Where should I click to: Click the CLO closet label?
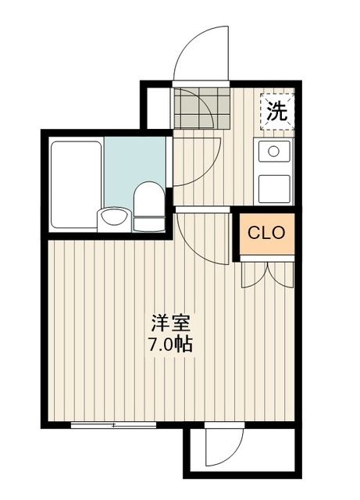point(266,232)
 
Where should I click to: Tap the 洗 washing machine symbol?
point(277,111)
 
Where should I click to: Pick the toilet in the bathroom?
point(148,205)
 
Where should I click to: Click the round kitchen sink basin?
point(273,152)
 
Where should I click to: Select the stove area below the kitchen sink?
point(274,187)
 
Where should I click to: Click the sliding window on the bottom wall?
point(113,425)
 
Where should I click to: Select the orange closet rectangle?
point(266,233)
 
